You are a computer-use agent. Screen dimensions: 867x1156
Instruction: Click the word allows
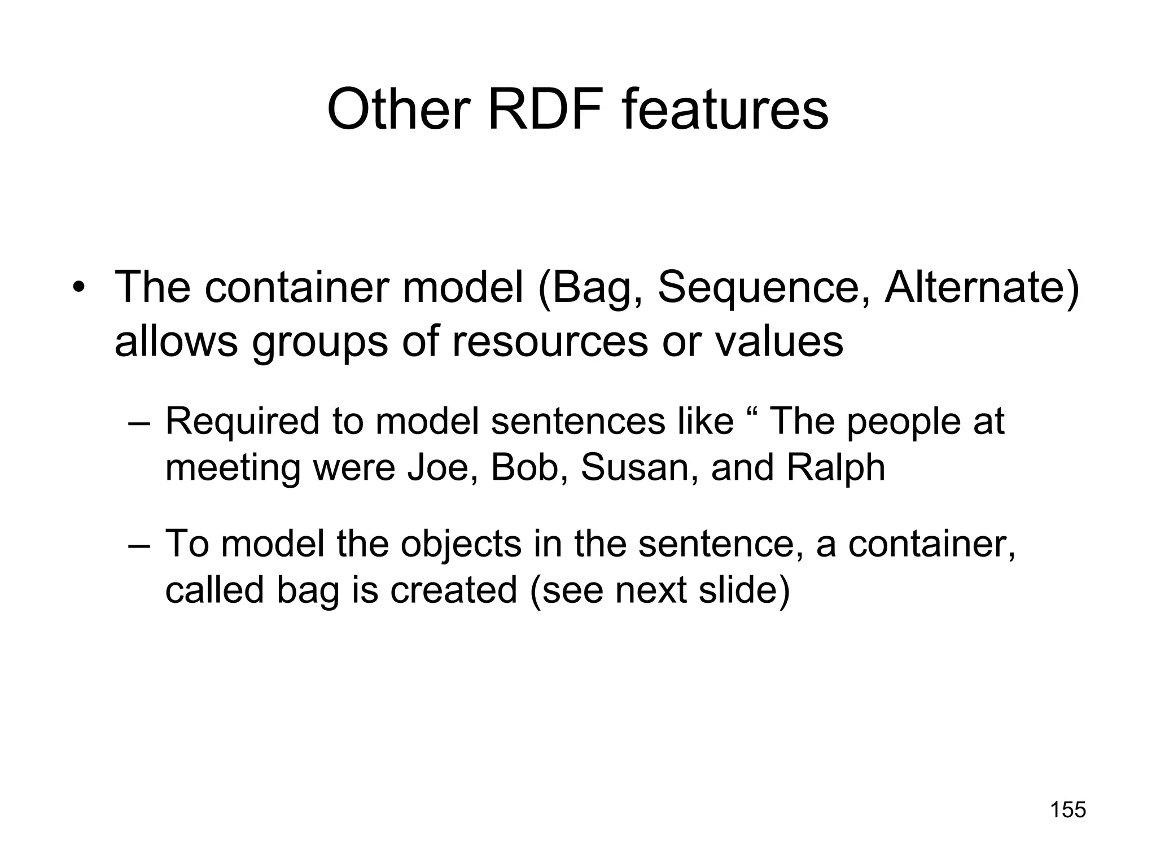point(176,341)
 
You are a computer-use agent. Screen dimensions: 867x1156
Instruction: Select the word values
point(780,341)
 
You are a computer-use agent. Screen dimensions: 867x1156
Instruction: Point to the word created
point(453,590)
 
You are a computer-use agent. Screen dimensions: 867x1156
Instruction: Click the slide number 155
point(1068,810)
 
